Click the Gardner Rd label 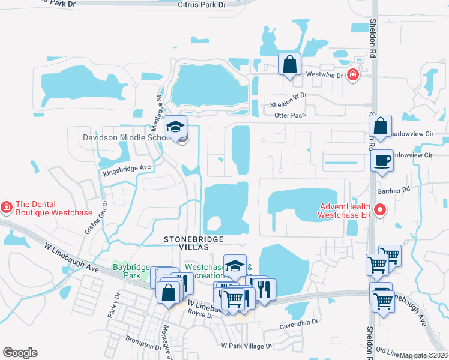click(393, 190)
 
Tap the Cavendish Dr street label click(299, 323)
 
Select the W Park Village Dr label click(247, 346)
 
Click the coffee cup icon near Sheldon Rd click(382, 161)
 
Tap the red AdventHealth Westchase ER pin click(379, 210)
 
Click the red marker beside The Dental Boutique click(7, 208)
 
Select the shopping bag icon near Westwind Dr click(290, 64)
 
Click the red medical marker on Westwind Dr click(353, 76)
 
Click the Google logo click(20, 353)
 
